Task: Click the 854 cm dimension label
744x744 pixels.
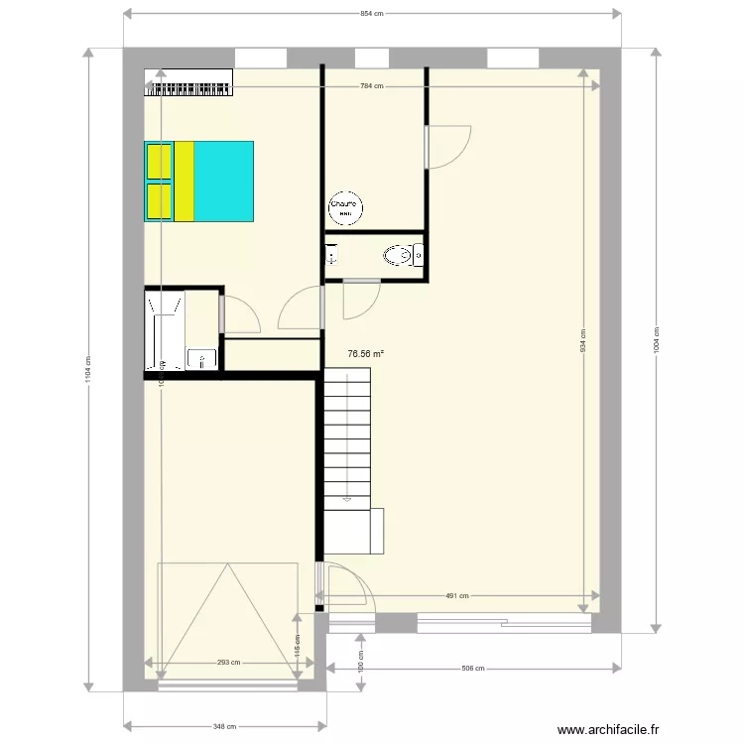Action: coord(371,14)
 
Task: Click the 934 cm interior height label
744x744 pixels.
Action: coord(583,341)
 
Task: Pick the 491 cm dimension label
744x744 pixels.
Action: coord(456,596)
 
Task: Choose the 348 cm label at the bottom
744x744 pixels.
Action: coord(225,726)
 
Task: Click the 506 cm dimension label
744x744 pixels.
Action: coord(473,668)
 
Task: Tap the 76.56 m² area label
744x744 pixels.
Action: coord(366,352)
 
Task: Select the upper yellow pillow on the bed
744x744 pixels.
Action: coord(159,162)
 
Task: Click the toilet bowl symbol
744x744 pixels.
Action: coord(399,256)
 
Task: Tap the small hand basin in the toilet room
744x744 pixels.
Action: coord(330,255)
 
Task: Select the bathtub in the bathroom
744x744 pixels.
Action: coord(164,329)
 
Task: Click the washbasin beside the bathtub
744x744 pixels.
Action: coord(202,358)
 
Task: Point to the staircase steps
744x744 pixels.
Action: coord(348,436)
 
